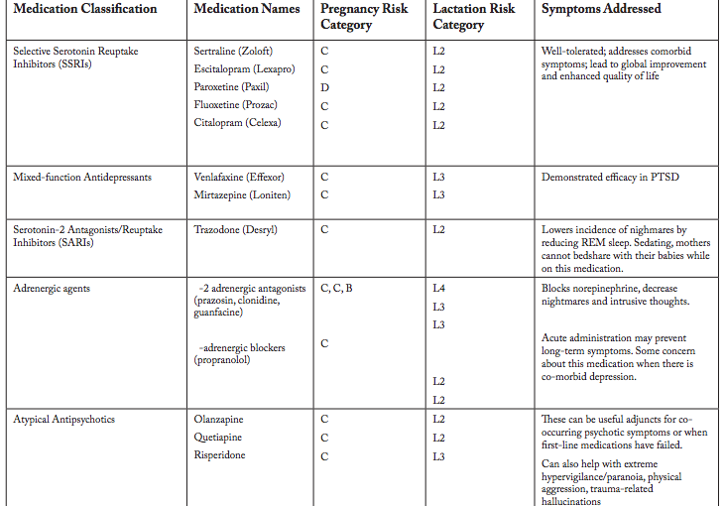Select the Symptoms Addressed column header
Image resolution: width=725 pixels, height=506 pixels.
point(601,10)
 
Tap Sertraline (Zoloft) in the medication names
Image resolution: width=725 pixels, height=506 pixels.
point(233,51)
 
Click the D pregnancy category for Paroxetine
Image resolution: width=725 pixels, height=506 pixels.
point(325,87)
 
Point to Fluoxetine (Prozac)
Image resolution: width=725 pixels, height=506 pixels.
point(235,105)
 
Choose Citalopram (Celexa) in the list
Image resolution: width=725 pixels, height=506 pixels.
point(237,123)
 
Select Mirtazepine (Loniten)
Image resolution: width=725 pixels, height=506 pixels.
point(242,194)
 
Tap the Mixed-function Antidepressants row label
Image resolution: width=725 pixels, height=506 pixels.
point(82,177)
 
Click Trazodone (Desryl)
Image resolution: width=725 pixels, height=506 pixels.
point(235,230)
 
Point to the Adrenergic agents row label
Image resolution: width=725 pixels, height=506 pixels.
point(52,289)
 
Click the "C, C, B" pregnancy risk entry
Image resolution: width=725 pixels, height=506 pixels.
point(336,289)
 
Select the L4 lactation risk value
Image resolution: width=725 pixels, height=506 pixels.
point(439,289)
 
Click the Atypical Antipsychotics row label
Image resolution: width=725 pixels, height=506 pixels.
point(63,420)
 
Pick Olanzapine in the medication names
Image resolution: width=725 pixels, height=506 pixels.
point(218,420)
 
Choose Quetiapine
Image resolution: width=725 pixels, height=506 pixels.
point(218,438)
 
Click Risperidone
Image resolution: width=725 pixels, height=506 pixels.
point(219,455)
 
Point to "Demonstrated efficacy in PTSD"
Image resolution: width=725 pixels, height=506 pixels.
point(610,177)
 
